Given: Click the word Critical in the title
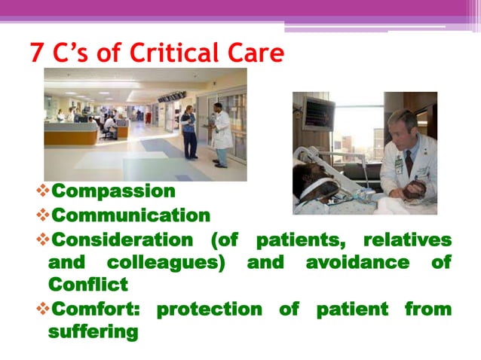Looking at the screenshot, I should point(172,53).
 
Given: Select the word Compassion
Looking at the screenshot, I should point(112,191).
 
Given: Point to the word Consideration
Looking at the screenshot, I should point(120,240).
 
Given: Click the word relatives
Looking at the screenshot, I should point(407,240).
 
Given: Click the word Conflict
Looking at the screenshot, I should point(87,285).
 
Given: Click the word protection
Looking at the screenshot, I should point(209,309).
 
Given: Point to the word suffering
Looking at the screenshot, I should point(93,331).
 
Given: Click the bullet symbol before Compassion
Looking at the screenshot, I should point(41,191).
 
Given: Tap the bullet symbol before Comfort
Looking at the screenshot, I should point(41,309).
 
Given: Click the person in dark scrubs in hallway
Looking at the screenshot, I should point(188,131).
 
